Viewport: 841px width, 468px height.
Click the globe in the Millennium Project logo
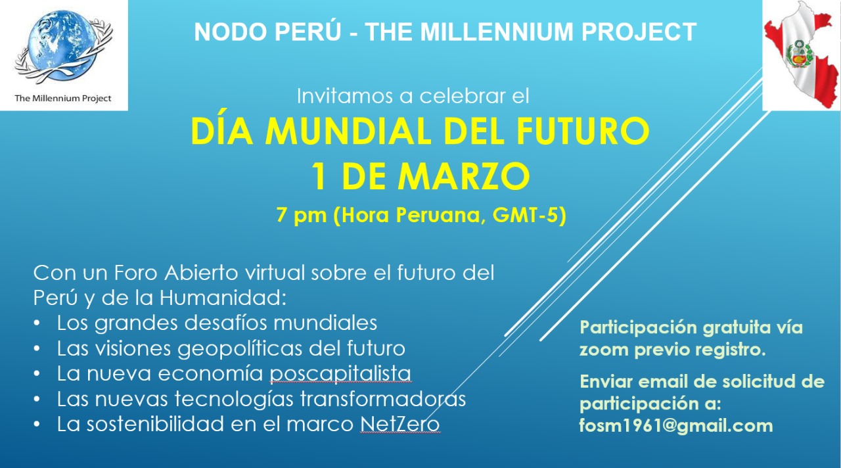[60, 46]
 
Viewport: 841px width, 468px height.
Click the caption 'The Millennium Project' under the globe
[63, 99]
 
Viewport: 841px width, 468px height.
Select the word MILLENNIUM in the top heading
[487, 32]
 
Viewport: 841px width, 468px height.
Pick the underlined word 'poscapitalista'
[340, 373]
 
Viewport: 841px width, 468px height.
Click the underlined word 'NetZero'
[399, 425]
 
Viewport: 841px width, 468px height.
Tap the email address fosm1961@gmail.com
[675, 426]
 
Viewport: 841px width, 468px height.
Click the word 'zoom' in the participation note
[604, 350]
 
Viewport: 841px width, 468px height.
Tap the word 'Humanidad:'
[223, 297]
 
